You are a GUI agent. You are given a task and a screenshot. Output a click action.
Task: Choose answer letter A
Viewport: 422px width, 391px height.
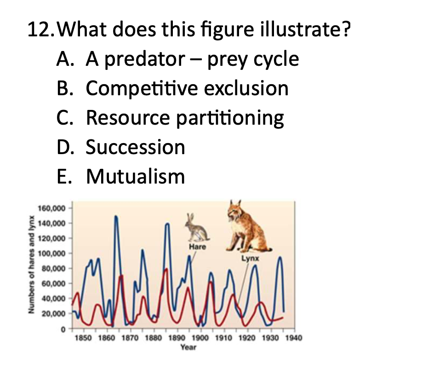tap(64, 60)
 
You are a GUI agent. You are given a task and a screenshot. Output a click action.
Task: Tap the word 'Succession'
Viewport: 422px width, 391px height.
tap(136, 147)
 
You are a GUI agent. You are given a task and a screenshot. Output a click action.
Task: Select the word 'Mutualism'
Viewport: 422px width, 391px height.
tap(136, 176)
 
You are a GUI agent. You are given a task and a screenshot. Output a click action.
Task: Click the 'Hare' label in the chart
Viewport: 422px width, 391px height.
tap(198, 247)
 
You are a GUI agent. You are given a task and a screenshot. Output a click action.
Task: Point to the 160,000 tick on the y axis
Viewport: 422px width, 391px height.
tap(54, 208)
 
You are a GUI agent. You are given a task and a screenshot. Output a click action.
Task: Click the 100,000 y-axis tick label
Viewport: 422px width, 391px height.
tap(54, 253)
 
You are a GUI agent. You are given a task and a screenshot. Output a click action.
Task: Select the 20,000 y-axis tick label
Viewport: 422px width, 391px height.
tap(56, 314)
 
